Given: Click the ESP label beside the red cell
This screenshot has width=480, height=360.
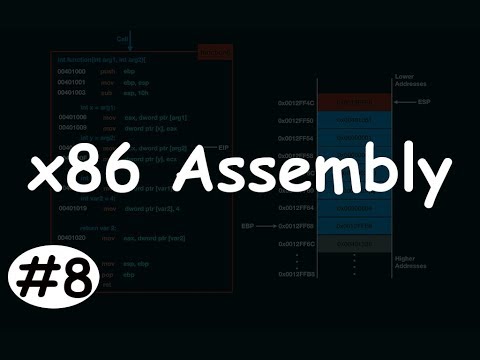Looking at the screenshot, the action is [x=423, y=102].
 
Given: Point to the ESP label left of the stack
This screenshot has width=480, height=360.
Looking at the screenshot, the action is [x=252, y=226].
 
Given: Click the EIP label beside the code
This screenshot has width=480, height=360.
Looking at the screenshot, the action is [x=237, y=148].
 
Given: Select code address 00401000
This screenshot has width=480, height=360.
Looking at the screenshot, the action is [x=73, y=73].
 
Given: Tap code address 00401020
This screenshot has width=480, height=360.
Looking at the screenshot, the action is [x=73, y=240].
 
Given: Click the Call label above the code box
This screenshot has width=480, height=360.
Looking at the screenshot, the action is [x=121, y=41].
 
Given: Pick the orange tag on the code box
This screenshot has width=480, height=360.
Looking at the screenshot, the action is [x=214, y=52].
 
